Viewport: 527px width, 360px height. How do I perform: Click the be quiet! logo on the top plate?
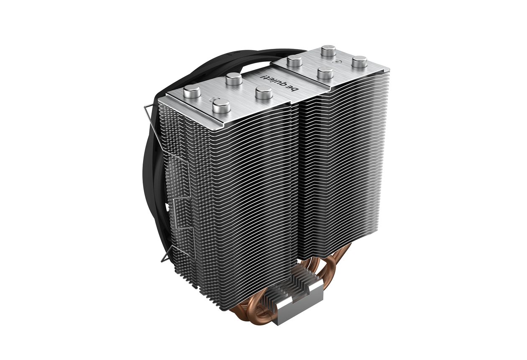280,84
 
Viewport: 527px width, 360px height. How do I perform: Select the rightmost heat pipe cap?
360,61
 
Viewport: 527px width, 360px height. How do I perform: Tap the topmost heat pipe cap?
328,51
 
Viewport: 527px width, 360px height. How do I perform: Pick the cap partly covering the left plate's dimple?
221,106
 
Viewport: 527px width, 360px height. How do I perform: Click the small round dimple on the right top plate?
338,61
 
